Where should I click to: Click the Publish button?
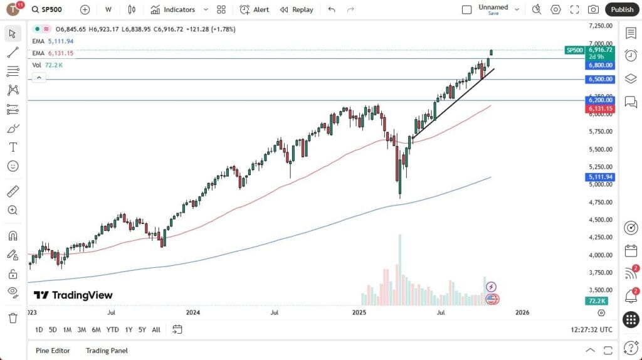coord(622,9)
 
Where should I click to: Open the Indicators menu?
coord(173,9)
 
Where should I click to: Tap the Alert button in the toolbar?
coord(255,9)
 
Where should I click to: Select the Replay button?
coord(297,9)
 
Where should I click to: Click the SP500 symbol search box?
coord(53,9)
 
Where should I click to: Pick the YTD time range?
coord(112,329)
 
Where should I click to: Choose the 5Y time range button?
coord(142,329)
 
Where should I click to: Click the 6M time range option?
coord(96,329)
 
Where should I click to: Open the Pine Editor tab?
coord(53,351)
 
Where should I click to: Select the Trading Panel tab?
coord(107,351)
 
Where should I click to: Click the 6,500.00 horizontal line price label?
coord(600,80)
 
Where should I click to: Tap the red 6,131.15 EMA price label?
coord(600,109)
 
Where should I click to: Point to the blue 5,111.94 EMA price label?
coord(600,177)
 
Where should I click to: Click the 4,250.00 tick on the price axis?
coord(600,237)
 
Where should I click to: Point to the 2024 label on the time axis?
coord(193,312)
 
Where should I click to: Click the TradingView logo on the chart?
coord(73,295)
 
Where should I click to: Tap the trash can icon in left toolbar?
coord(13,318)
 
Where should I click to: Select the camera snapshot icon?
coord(592,9)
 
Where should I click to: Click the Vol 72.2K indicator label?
coord(48,65)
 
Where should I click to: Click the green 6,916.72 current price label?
coord(600,50)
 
